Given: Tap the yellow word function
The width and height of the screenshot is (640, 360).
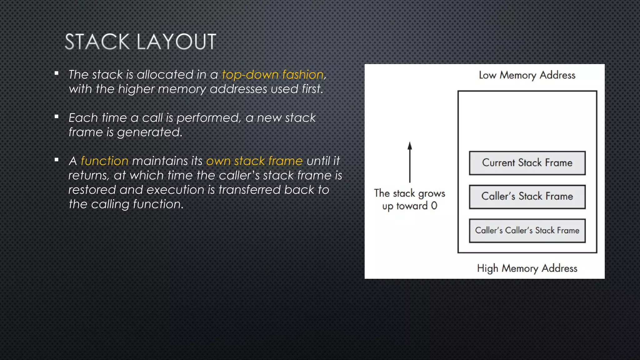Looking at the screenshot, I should (x=104, y=161).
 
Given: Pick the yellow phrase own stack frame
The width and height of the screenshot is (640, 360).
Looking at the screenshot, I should (x=254, y=161).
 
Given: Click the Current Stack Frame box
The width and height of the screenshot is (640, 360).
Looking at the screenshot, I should (x=527, y=163).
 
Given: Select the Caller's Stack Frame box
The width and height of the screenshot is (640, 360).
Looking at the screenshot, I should (x=527, y=197).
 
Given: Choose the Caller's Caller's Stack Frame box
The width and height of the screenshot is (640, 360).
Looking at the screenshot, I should (x=527, y=231).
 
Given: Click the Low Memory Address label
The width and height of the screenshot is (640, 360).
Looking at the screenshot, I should (x=527, y=75).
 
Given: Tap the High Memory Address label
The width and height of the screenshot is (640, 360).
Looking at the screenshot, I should (x=527, y=268).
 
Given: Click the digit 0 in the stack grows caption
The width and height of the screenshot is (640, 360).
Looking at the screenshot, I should (x=434, y=206).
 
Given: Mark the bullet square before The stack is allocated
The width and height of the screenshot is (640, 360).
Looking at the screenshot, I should (x=57, y=73).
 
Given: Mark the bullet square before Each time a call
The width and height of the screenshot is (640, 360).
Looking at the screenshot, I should (x=57, y=117).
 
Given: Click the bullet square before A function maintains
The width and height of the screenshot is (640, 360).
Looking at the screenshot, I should (x=57, y=160).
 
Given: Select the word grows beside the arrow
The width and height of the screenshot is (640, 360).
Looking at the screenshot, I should (x=432, y=194).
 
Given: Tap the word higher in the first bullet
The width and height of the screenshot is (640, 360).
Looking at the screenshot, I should (x=136, y=89).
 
